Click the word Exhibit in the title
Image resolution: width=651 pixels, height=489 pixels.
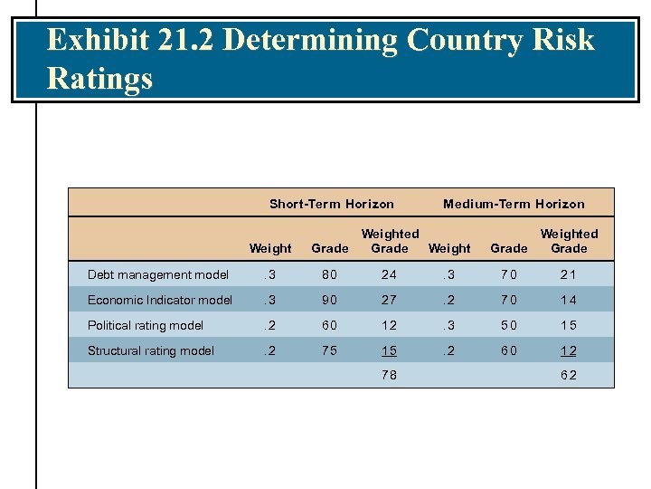coord(100,41)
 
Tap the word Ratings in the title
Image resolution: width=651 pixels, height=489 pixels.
coord(99,79)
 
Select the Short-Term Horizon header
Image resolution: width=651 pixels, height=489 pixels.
coord(332,204)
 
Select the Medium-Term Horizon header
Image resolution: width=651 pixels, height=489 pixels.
coord(514,204)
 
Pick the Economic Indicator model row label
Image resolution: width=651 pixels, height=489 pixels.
coord(159,300)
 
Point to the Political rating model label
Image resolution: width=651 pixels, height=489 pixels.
coord(145,325)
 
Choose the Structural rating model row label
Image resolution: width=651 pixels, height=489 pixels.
coord(150,350)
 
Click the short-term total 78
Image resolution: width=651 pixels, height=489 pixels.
coord(390,374)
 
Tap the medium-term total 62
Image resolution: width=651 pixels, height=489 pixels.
coord(569,374)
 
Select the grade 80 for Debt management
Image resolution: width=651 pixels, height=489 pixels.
coord(329,274)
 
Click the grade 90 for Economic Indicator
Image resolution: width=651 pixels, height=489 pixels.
coord(329,300)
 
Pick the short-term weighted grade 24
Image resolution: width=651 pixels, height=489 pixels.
coord(390,274)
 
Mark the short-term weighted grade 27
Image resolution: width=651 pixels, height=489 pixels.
coord(390,300)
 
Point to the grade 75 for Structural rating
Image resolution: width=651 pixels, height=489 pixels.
coord(329,350)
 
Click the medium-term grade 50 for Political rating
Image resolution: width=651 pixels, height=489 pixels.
coord(508,325)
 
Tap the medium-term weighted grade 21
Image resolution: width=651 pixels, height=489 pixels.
coord(569,274)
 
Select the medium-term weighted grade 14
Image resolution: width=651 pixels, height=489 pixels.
coord(569,300)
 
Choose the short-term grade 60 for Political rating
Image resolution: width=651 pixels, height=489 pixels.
coord(329,325)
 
